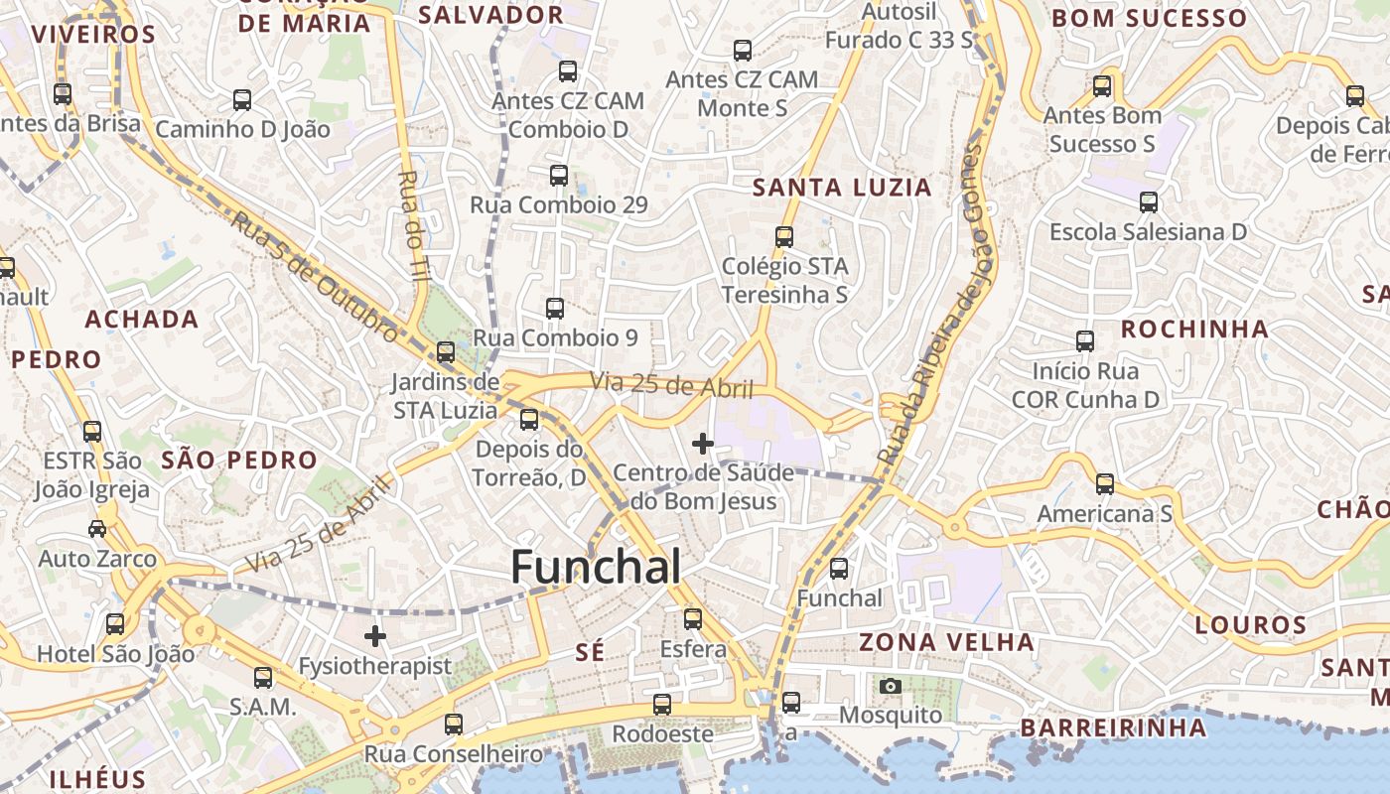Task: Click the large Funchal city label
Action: click(596, 568)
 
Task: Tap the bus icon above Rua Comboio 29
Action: click(559, 176)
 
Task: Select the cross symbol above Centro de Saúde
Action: click(703, 443)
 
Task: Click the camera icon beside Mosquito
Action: click(891, 686)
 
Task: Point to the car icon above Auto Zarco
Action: click(97, 528)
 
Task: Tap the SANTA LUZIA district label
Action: click(842, 188)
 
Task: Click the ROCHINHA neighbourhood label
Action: click(1194, 329)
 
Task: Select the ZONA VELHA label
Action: click(946, 642)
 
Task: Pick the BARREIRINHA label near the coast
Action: click(1113, 728)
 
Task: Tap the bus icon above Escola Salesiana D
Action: click(1149, 202)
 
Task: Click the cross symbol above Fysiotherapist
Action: click(375, 636)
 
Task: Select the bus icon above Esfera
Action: click(693, 619)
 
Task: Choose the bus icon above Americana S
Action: click(1105, 484)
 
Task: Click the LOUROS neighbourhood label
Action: click(1250, 625)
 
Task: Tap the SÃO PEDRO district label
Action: click(238, 460)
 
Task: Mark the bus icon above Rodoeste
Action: click(662, 705)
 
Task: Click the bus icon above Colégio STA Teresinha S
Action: click(784, 237)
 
